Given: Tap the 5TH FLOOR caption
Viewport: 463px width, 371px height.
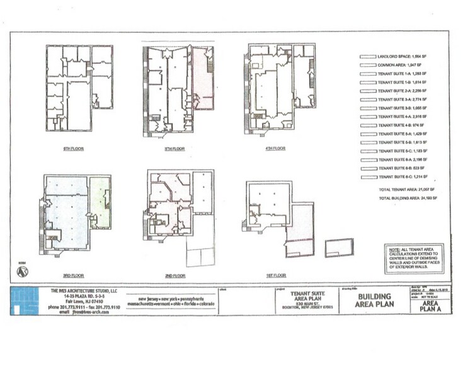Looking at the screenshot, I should point(173,149).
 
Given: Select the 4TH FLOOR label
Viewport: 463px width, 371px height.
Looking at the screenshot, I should point(275,149).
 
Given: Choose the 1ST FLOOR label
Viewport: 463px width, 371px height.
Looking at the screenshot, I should point(275,276).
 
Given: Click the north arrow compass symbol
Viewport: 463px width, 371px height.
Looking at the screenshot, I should point(23,271).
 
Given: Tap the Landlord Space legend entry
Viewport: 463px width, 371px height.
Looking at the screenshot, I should point(394,57).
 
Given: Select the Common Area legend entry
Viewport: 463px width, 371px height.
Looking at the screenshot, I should point(394,66).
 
